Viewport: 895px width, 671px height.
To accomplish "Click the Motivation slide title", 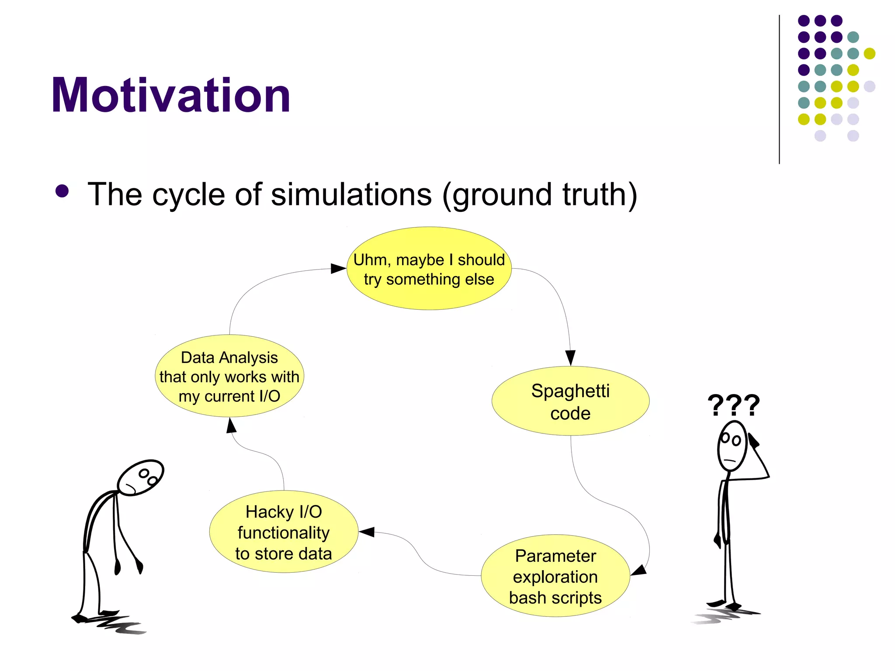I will coord(170,95).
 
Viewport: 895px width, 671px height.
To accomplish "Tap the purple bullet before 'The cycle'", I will coord(62,191).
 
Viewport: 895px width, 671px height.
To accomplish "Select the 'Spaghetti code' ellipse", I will coord(570,401).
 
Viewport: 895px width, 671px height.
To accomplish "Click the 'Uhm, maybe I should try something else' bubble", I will coord(429,269).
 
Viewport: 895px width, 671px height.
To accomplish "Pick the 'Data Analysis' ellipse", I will coord(229,376).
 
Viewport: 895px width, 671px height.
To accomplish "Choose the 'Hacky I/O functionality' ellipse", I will coord(284,532).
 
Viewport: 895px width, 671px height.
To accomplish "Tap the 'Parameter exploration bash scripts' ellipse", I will coord(555,576).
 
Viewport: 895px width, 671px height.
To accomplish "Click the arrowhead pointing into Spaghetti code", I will coord(570,357).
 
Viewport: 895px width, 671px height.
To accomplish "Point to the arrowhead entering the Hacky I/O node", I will coord(367,532).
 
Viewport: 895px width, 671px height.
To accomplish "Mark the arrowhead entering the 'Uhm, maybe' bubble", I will coord(338,268).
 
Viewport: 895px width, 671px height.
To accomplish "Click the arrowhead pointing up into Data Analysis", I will coord(231,425).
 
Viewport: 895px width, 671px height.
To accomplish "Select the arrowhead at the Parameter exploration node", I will coord(639,570).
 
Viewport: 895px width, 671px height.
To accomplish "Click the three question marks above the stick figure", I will coord(734,405).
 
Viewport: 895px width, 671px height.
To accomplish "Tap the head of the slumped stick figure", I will coord(141,477).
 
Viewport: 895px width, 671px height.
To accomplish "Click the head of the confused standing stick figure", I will coord(732,446).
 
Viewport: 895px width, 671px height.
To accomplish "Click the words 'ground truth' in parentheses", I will coord(540,194).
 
